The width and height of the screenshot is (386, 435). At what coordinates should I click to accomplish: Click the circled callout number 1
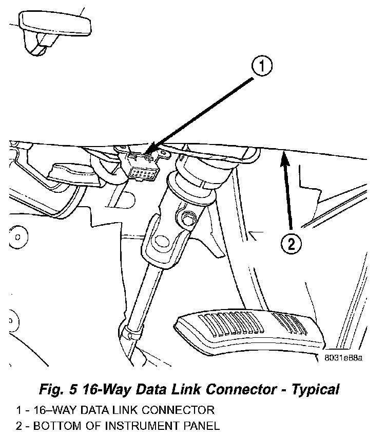pyautogui.click(x=262, y=66)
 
